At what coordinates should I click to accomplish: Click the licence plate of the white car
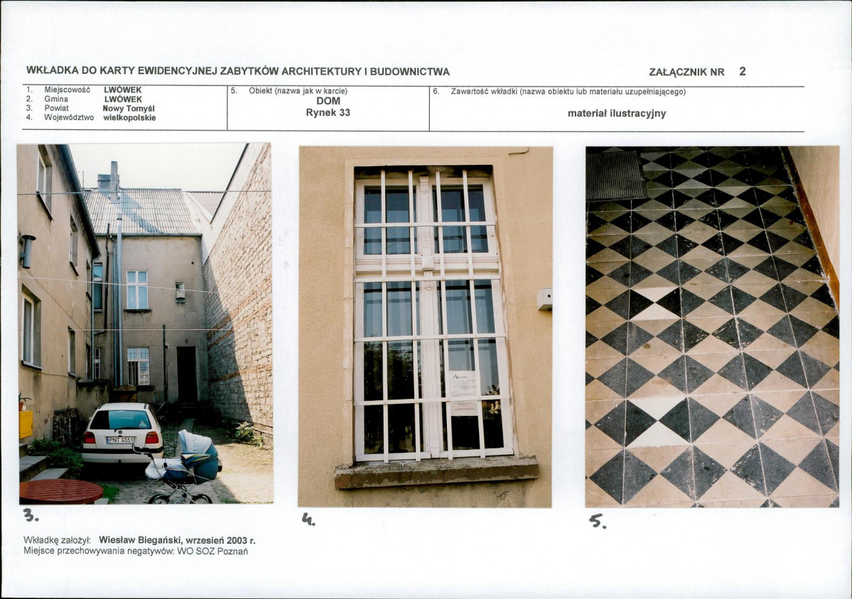pyautogui.click(x=120, y=440)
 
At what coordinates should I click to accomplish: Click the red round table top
pyautogui.click(x=61, y=491)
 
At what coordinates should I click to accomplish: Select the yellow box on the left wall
pyautogui.click(x=26, y=424)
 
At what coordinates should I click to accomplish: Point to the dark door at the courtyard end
pyautogui.click(x=186, y=375)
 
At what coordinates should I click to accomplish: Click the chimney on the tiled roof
pyautogui.click(x=114, y=181)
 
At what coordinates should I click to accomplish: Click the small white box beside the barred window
pyautogui.click(x=544, y=299)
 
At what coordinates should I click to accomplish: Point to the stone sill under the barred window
pyautogui.click(x=436, y=472)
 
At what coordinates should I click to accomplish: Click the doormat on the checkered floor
pyautogui.click(x=615, y=175)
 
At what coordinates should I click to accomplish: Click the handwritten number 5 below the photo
pyautogui.click(x=598, y=522)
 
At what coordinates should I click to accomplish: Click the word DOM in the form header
pyautogui.click(x=328, y=101)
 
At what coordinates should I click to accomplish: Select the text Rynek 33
pyautogui.click(x=328, y=113)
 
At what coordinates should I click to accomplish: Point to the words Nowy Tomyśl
pyautogui.click(x=129, y=109)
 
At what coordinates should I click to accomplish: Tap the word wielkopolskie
pyautogui.click(x=129, y=118)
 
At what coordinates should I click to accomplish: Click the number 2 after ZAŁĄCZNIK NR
pyautogui.click(x=743, y=71)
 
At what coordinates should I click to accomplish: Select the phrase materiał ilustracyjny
pyautogui.click(x=617, y=114)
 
